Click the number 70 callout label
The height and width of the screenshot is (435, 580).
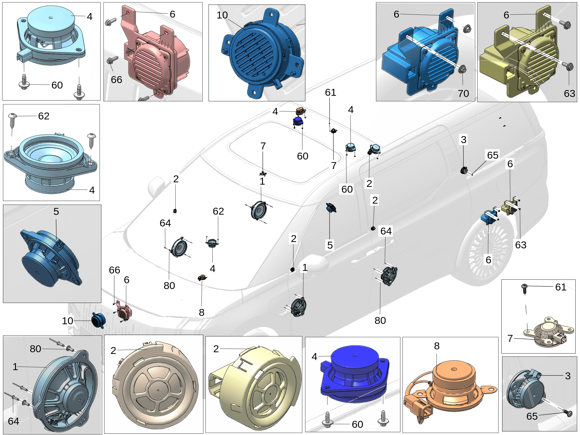point(463,93)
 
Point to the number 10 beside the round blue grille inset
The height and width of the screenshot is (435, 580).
point(222,15)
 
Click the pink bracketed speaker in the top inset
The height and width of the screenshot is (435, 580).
point(156,58)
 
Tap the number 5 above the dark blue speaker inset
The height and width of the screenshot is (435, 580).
point(56,211)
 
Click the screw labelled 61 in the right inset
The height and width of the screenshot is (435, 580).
point(525,288)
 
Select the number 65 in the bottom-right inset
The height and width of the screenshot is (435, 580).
point(532,416)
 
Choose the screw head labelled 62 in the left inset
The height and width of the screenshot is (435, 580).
point(12,116)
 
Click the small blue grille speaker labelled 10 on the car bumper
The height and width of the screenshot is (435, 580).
point(98,320)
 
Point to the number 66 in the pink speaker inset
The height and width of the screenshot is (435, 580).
point(117,80)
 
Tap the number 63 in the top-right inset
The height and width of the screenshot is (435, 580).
point(569,93)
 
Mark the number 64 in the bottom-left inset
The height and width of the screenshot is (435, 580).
point(14,421)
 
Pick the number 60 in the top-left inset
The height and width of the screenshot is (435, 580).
point(57,85)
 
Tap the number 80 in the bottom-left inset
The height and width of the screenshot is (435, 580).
point(35,349)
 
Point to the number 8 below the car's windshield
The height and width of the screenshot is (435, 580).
point(202,312)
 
